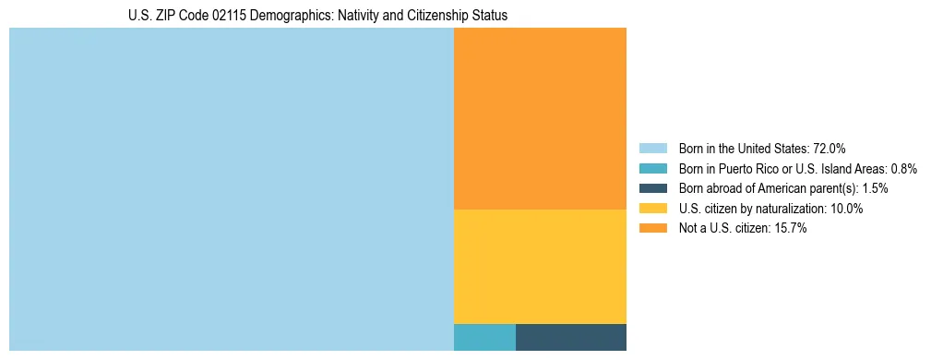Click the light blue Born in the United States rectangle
(x=231, y=189)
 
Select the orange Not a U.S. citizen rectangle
(x=540, y=118)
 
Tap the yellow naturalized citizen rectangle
(x=540, y=267)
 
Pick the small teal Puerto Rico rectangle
(x=484, y=338)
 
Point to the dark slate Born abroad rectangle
(x=571, y=338)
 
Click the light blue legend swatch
(x=652, y=149)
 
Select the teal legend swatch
(x=652, y=169)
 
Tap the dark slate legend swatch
(x=652, y=188)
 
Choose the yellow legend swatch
(x=652, y=209)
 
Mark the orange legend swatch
(x=652, y=229)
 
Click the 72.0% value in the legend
(x=830, y=149)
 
